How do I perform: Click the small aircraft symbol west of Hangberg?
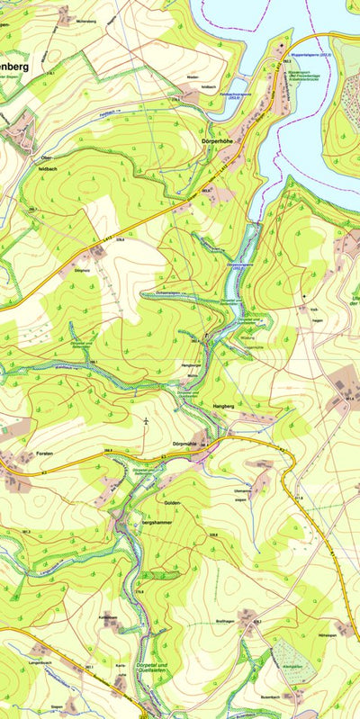pyautogui.click(x=145, y=419)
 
